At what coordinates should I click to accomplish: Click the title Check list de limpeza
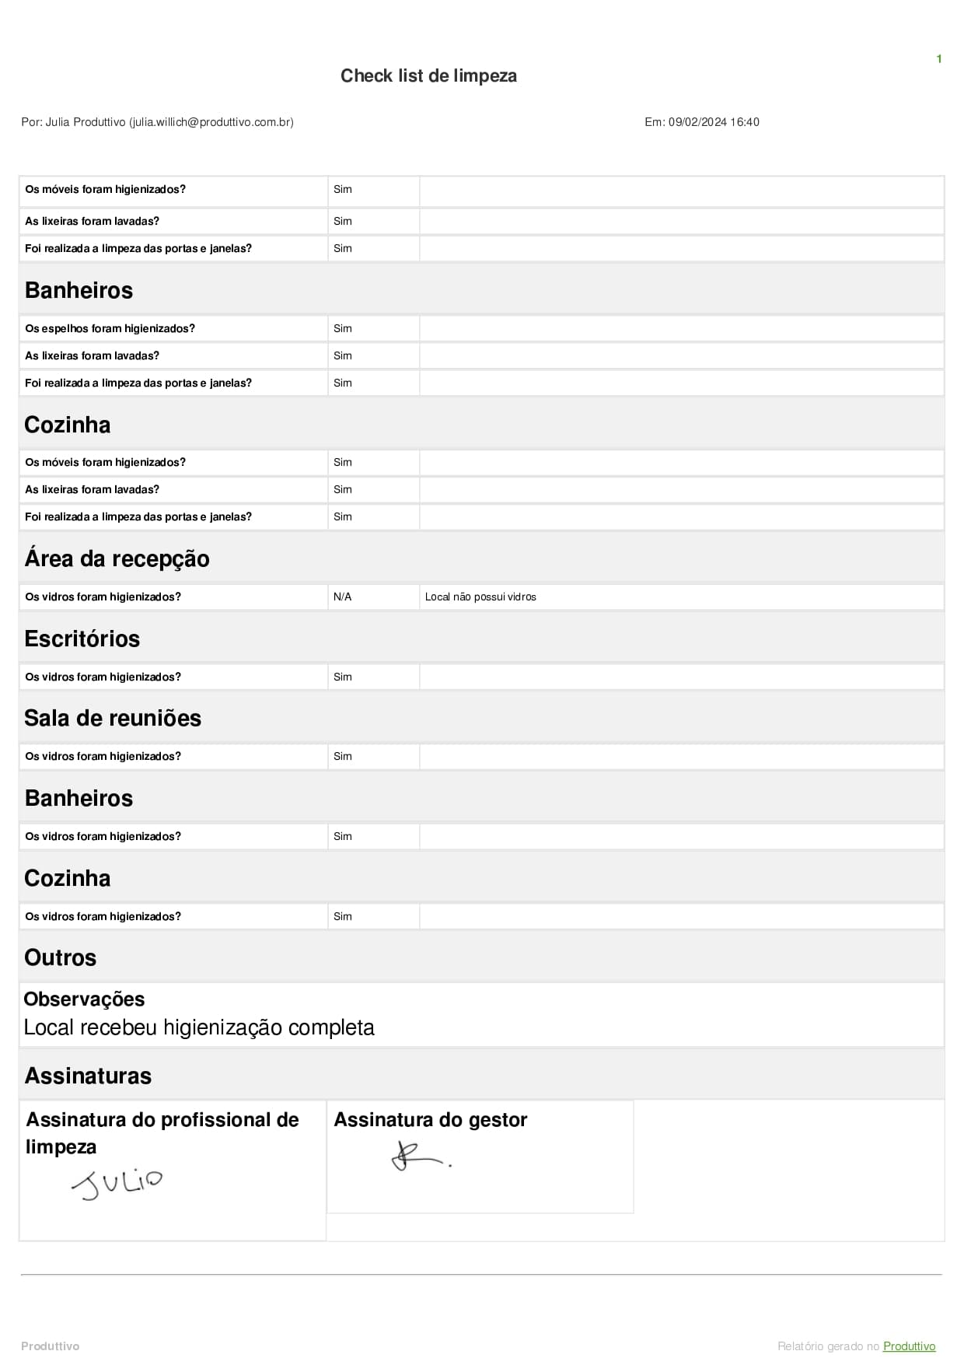coord(428,75)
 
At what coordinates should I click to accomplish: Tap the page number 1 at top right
coord(939,59)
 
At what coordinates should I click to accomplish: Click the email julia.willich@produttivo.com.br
coord(211,122)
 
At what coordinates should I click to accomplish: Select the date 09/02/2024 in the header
coord(697,122)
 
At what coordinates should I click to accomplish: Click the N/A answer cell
coord(342,597)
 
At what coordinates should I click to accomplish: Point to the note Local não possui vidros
coord(480,597)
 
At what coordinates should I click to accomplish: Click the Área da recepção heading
coord(117,559)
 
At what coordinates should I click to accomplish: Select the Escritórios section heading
coord(82,639)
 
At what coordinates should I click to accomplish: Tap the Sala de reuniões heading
coord(113,719)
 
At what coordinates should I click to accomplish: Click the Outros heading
coord(60,958)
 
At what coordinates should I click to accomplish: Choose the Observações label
coord(84,999)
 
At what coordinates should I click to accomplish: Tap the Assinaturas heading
coord(88,1076)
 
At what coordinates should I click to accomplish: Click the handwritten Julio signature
coord(117,1184)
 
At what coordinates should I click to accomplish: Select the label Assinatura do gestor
coord(430,1120)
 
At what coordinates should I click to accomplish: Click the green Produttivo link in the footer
coord(909,1346)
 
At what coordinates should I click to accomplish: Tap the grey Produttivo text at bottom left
coord(50,1346)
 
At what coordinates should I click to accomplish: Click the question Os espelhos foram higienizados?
coord(110,329)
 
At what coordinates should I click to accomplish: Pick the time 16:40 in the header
coord(745,122)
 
